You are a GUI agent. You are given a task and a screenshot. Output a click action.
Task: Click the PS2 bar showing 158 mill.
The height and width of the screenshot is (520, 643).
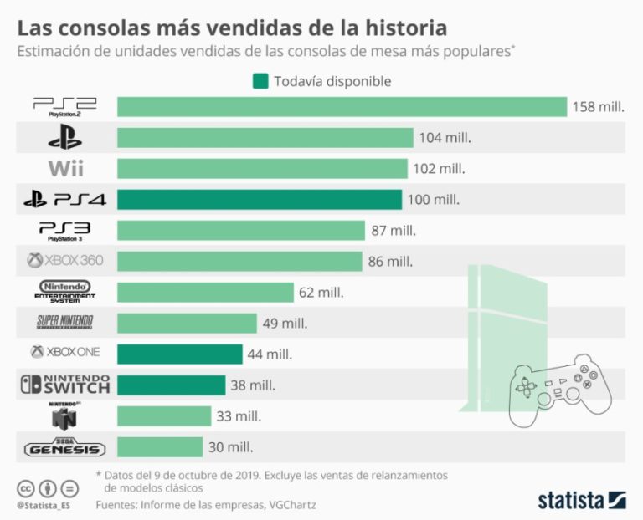tap(342, 107)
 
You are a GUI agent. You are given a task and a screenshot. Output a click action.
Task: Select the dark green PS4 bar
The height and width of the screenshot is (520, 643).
tap(260, 200)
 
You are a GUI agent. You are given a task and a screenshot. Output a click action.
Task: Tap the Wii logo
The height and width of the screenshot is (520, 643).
tap(65, 168)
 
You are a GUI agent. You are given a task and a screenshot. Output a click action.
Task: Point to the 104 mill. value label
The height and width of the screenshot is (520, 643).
tap(445, 138)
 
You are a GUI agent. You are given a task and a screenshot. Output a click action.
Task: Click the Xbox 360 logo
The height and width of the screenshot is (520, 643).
tap(65, 261)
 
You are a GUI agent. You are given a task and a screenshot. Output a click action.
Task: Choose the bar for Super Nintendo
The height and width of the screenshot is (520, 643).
tap(187, 323)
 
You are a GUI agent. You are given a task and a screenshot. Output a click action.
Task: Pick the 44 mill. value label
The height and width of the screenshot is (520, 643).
tap(270, 354)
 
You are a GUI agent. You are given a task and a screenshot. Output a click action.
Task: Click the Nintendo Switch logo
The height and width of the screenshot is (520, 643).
tap(65, 385)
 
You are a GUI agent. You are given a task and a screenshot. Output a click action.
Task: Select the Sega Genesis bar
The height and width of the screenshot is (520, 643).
tap(160, 446)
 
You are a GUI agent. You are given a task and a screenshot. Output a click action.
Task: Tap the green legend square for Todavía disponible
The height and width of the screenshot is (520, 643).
tap(260, 81)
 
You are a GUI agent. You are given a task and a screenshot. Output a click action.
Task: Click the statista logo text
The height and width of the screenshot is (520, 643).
tap(570, 500)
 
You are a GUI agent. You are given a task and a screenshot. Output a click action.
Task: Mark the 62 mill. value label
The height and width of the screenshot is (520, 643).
tap(321, 292)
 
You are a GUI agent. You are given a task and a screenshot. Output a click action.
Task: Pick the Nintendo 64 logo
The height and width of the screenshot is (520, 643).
tap(65, 415)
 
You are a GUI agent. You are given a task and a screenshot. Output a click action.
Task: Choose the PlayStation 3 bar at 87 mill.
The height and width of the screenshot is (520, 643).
tap(241, 230)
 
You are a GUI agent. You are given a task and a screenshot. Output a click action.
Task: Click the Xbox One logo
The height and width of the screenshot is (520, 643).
tap(65, 353)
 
